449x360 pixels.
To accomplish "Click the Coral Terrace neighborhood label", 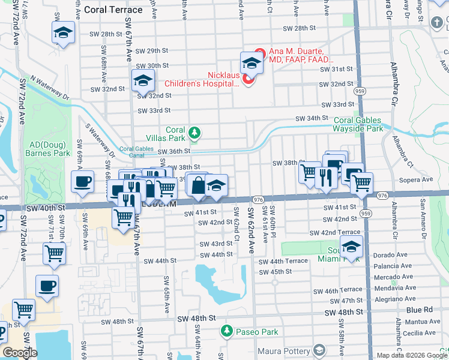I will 113,10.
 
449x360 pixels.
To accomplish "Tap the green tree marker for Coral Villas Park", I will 194,132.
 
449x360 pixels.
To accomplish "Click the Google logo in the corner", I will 19,353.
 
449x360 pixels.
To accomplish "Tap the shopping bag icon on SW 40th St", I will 197,185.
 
